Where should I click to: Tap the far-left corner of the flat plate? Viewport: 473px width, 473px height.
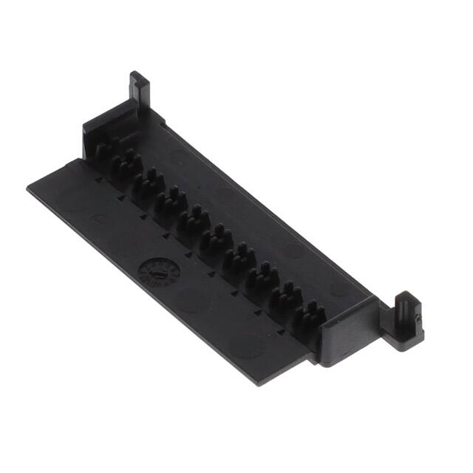pyautogui.click(x=28, y=188)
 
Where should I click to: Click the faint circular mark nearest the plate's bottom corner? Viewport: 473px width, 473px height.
pyautogui.click(x=251, y=344)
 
